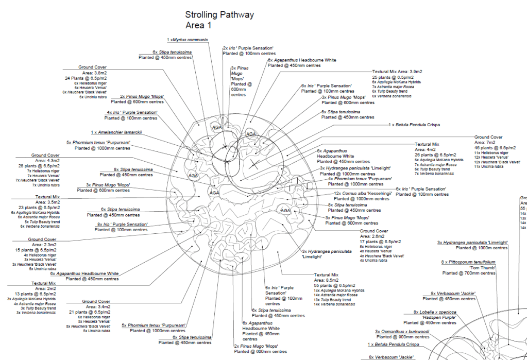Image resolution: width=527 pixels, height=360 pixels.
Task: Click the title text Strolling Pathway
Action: (x=219, y=15)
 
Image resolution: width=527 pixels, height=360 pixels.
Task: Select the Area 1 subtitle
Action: (x=198, y=25)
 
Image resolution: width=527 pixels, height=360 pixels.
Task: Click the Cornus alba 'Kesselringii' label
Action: (x=363, y=194)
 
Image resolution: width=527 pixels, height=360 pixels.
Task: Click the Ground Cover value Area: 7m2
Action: (x=488, y=142)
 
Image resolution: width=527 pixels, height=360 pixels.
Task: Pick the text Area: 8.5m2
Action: (x=326, y=281)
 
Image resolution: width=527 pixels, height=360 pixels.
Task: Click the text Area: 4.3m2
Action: (x=48, y=161)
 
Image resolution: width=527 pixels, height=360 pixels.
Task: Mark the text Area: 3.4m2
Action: (x=98, y=307)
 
